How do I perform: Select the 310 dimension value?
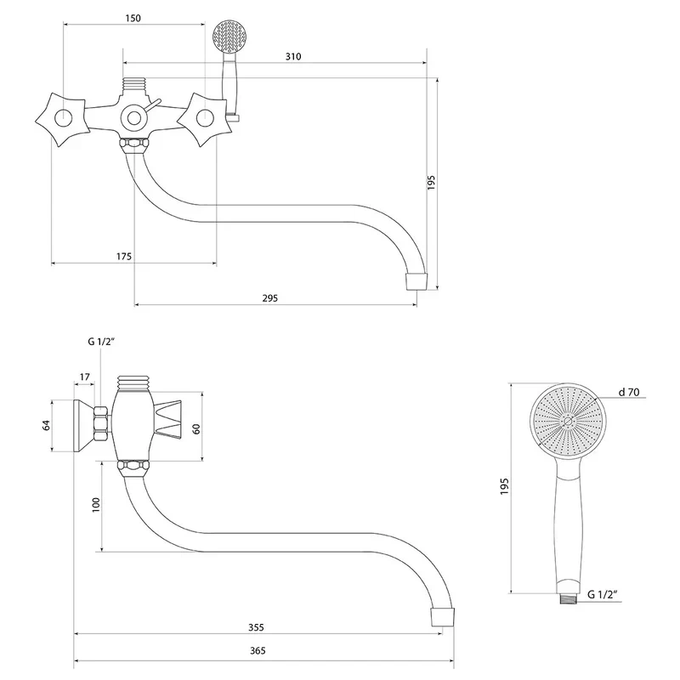point(293,56)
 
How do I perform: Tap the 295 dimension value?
point(270,298)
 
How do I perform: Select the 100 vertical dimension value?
point(95,506)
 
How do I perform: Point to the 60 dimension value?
point(196,428)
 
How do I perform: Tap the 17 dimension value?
point(85,377)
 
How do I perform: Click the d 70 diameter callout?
point(630,392)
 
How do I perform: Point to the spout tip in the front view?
point(416,280)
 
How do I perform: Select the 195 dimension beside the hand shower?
point(504,486)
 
